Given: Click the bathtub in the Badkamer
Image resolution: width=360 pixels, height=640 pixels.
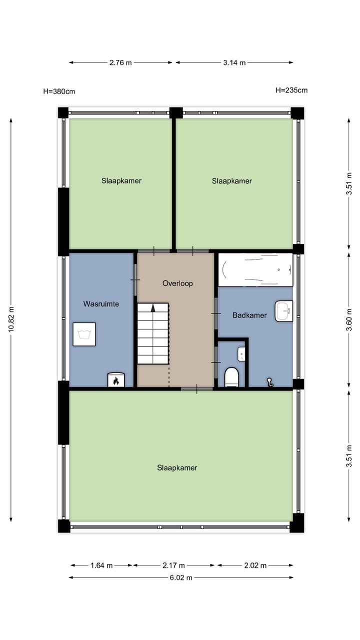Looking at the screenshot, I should (255, 269).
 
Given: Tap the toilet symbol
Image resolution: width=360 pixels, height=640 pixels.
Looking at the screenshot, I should (231, 377).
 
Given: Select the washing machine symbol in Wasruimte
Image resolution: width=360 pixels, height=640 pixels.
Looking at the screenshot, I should (84, 334).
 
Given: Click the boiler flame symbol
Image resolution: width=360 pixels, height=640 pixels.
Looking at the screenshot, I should (116, 380).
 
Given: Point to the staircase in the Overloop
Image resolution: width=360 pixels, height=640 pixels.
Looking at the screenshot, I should (153, 333).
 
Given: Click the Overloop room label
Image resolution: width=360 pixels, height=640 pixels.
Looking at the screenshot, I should (177, 283).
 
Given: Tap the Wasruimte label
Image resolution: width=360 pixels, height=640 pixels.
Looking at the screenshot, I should (101, 303).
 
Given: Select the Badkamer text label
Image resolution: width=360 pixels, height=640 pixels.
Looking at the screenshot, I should (249, 315).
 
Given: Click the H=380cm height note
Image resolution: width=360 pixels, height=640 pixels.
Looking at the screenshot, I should (59, 91).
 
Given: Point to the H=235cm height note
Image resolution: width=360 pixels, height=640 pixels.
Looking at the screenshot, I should (291, 90).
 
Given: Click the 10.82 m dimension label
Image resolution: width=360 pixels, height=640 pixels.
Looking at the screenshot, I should (11, 320).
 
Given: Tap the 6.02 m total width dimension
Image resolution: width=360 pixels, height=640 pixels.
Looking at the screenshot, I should (180, 577).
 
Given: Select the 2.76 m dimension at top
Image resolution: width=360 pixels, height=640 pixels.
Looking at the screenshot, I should (120, 62).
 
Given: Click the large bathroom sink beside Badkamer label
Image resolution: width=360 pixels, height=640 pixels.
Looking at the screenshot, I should (283, 310).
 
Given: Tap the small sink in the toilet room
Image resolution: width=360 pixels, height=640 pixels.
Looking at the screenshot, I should (241, 354).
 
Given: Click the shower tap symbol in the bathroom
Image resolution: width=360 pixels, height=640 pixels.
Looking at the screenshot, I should (270, 382).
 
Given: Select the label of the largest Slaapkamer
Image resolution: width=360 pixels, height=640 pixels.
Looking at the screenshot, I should (177, 468).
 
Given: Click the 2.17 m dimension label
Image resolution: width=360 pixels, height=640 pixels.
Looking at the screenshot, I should (173, 565).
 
